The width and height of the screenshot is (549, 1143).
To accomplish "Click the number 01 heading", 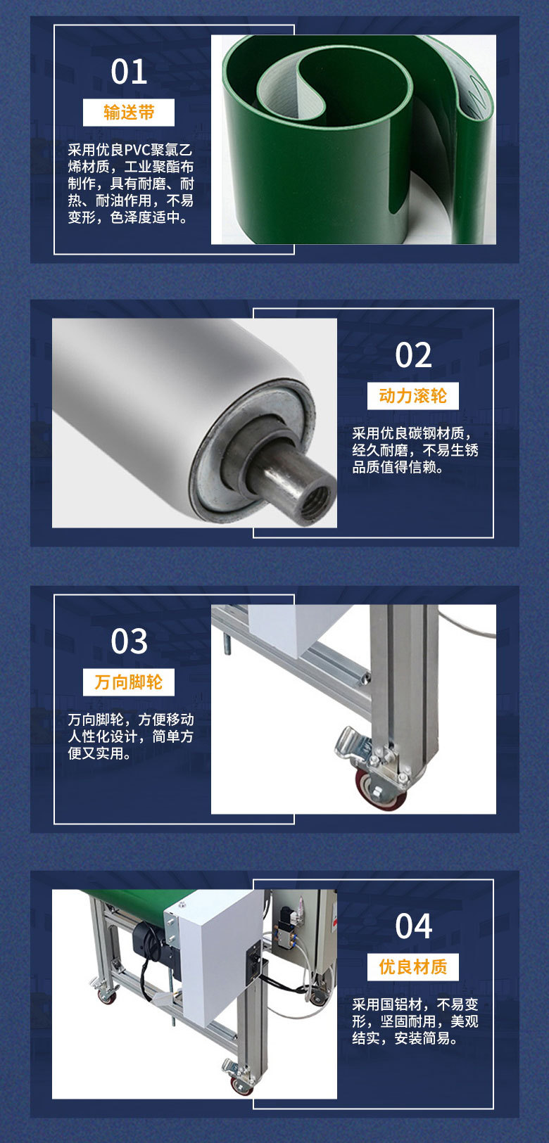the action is [130, 72].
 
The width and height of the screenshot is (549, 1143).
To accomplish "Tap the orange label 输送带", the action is [129, 113].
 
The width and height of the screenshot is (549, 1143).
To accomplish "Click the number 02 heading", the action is [413, 355].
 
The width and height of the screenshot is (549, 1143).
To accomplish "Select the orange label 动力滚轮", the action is [412, 396].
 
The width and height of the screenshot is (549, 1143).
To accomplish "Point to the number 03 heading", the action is [130, 641].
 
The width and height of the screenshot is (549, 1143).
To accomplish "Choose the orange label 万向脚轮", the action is [129, 682].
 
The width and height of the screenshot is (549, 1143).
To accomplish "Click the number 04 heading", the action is [413, 926].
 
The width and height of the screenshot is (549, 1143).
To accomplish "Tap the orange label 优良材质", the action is [412, 967].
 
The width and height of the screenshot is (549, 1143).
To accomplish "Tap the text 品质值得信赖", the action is [397, 467].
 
